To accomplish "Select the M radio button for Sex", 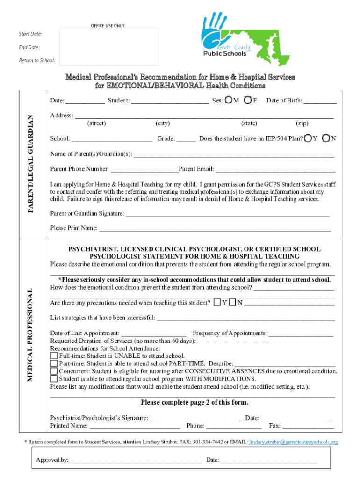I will [228, 100].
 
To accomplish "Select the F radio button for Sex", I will [247, 100].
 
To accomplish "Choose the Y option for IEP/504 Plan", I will [308, 138].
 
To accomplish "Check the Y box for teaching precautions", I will [217, 302].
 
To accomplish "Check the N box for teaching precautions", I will [232, 302].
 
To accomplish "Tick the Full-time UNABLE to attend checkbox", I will [54, 356].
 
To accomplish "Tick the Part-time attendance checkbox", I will [54, 363].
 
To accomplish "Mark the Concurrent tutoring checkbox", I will [54, 371].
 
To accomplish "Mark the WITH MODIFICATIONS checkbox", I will [54, 378].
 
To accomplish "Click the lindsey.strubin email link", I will [293, 442].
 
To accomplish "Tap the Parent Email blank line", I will [275, 170].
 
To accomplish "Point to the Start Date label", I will [30, 34].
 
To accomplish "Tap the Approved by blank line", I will [136, 461].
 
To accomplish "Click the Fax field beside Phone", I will [308, 427].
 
